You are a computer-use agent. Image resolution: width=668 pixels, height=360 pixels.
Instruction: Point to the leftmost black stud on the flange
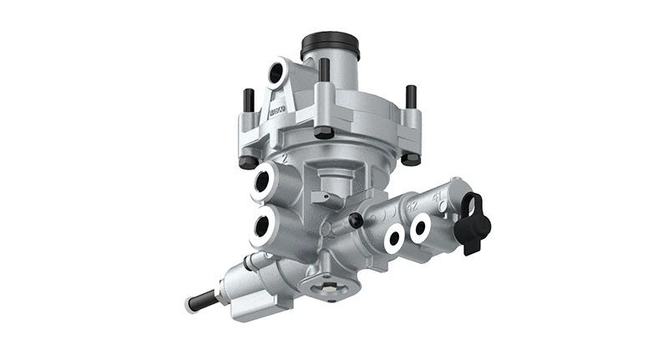[247, 104]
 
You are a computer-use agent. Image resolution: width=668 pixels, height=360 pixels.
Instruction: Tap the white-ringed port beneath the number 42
[393, 235]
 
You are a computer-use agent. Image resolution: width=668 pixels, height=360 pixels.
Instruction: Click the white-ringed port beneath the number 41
[419, 226]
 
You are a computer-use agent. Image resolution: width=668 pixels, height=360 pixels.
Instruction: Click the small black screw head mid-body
[357, 221]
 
